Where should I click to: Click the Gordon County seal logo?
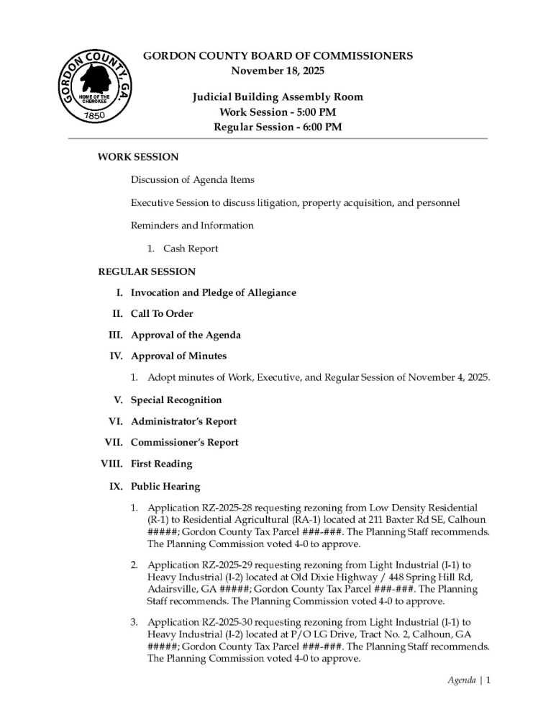(x=95, y=90)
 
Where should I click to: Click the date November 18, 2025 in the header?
(x=278, y=71)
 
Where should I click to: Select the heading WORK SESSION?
(x=138, y=156)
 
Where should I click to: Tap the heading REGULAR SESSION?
(x=147, y=271)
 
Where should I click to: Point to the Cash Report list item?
(x=191, y=248)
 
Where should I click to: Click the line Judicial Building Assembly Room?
(x=278, y=97)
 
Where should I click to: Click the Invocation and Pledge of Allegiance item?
(x=214, y=293)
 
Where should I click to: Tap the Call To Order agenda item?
(x=162, y=314)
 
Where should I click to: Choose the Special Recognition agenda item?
(x=176, y=400)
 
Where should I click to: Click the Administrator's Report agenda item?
(x=183, y=421)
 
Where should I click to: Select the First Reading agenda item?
(x=162, y=464)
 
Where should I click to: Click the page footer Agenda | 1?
(x=468, y=680)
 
